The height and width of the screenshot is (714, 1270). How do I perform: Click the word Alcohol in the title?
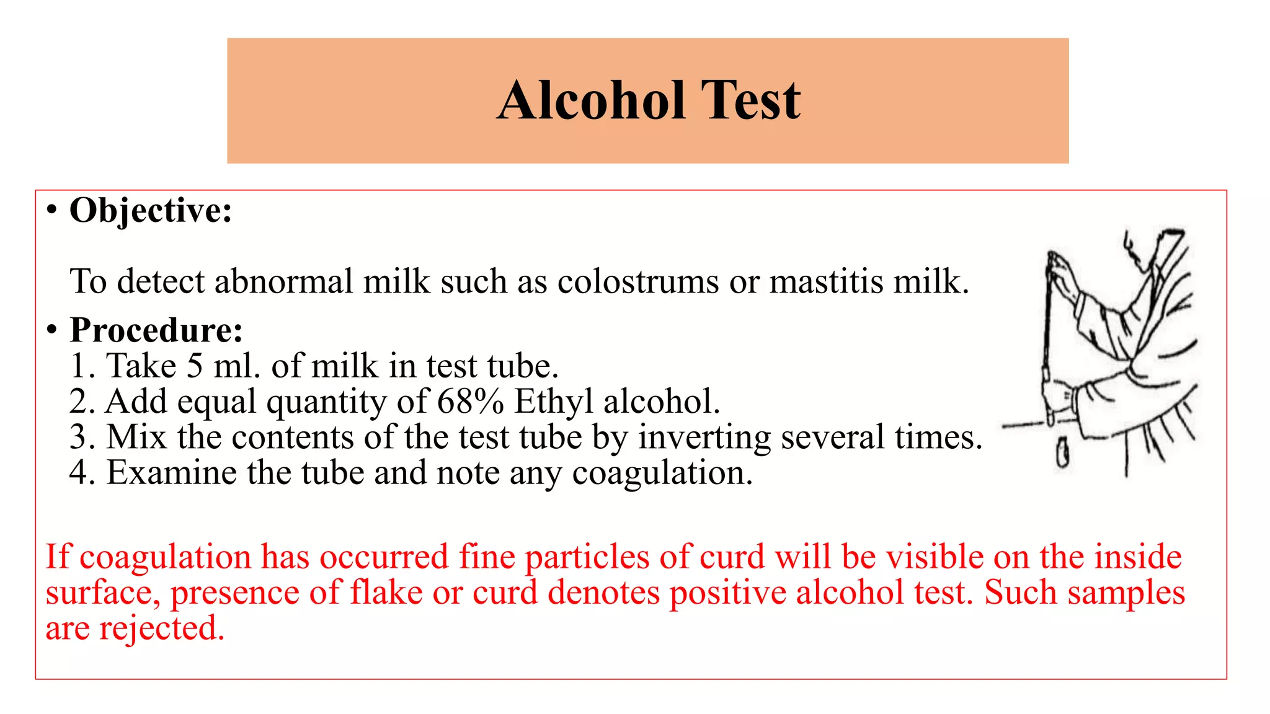pos(592,100)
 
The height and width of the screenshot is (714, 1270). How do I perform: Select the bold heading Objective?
pos(151,211)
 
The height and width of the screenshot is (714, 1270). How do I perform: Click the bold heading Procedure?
pos(156,330)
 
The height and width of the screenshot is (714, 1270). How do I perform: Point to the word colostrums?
pos(638,282)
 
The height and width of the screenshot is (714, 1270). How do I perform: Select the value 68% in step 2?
pos(470,402)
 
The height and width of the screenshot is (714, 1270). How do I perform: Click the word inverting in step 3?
pos(704,438)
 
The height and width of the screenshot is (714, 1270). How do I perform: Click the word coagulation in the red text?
pos(165,557)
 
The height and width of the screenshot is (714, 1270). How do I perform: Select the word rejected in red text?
pos(161,628)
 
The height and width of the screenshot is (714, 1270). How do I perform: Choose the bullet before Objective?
pos(52,211)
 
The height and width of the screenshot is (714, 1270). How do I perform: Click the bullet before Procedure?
pos(52,330)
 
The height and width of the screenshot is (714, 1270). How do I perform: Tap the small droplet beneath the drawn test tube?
pos(1062,452)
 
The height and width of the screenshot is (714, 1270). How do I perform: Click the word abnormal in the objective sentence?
pos(283,282)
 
